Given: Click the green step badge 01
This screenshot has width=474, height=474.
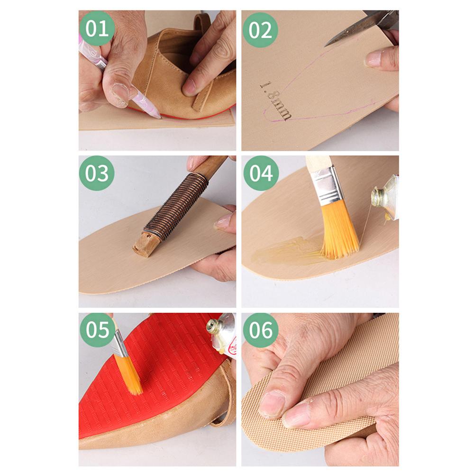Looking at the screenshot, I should click(x=97, y=28).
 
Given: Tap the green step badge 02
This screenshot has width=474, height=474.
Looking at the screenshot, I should click(x=260, y=29).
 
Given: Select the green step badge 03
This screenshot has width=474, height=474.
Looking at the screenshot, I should click(x=97, y=173).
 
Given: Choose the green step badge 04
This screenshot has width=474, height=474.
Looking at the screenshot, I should click(x=261, y=173).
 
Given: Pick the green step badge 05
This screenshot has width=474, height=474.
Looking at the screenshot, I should click(x=97, y=329).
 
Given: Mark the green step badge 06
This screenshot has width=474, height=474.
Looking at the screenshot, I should click(x=261, y=330).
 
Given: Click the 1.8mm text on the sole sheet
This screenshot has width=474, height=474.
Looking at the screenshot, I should click(x=275, y=100).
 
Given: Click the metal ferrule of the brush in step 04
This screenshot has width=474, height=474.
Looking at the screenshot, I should click(x=327, y=185).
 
